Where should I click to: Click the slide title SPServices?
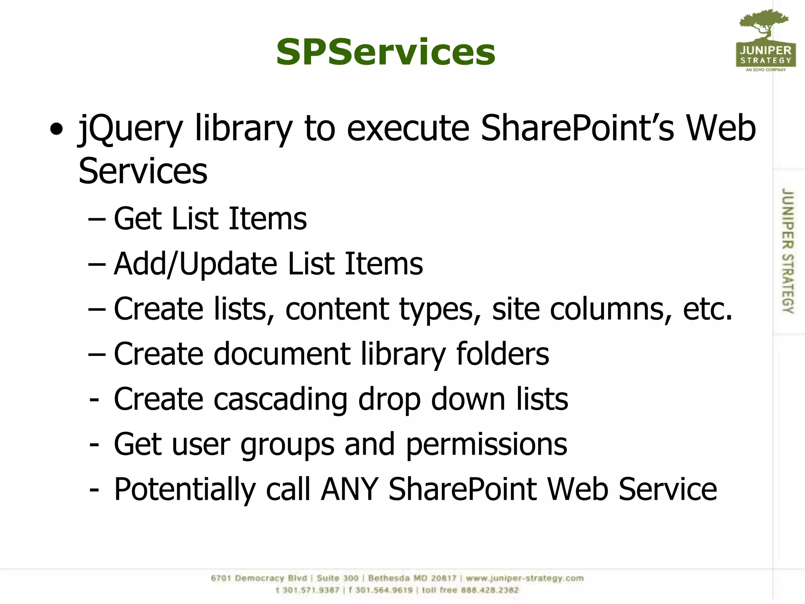click(386, 52)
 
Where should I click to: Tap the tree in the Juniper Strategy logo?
click(764, 24)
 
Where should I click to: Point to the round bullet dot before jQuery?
click(57, 129)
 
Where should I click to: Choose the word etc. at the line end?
click(708, 309)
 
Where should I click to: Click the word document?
click(282, 354)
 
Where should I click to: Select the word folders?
click(502, 354)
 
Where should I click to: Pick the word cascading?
click(280, 400)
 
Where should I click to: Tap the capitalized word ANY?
click(349, 489)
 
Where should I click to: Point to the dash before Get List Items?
click(97, 219)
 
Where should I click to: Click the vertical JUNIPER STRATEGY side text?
click(787, 251)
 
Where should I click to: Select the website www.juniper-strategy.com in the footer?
click(525, 578)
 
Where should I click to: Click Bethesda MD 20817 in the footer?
click(412, 578)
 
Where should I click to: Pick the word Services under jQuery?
click(143, 171)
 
